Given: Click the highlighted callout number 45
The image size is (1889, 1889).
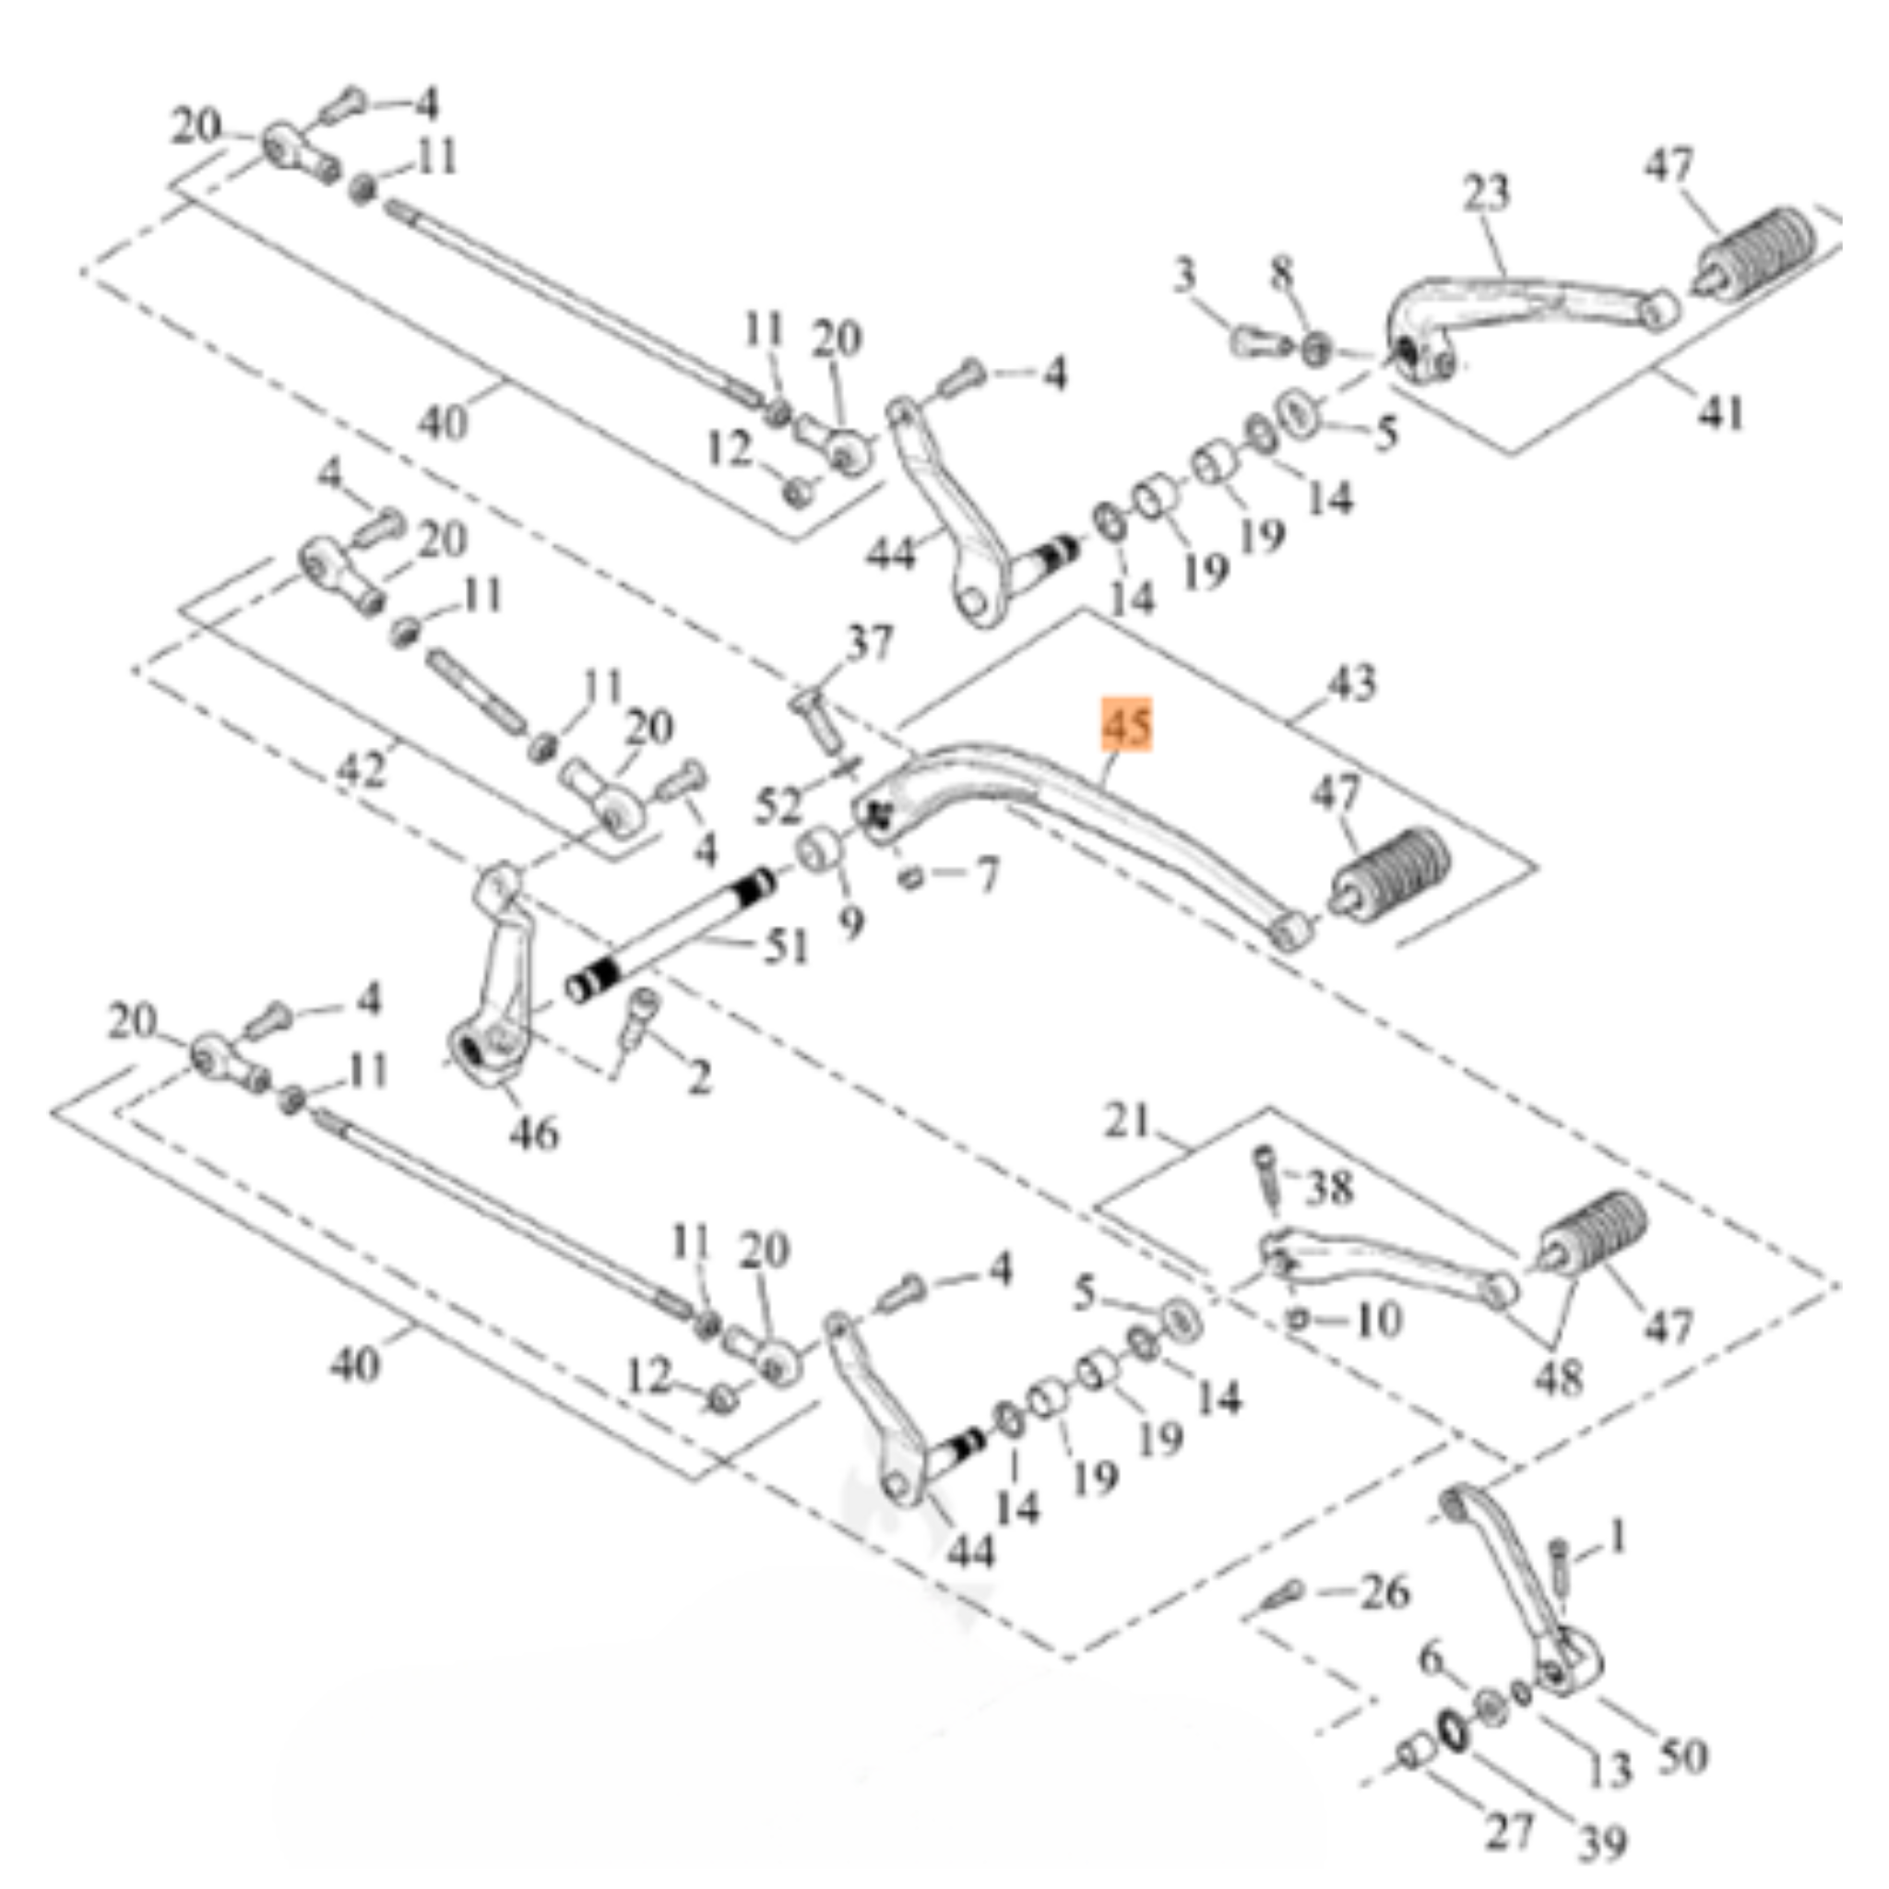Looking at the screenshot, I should pos(1127,724).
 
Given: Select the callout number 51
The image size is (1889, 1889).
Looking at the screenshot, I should pos(786,946).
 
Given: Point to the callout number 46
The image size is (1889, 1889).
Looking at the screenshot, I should pos(534,1135).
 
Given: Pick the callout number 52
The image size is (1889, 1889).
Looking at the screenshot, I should pos(778,805).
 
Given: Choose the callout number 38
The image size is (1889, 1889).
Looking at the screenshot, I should pos(1329,1187).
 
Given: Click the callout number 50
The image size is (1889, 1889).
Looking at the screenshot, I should pos(1682,1755).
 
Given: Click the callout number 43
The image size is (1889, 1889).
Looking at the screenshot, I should pos(1351,682).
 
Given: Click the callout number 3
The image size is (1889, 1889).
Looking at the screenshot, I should pos(1185,275).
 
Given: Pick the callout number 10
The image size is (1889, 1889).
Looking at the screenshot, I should pos(1380,1319).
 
